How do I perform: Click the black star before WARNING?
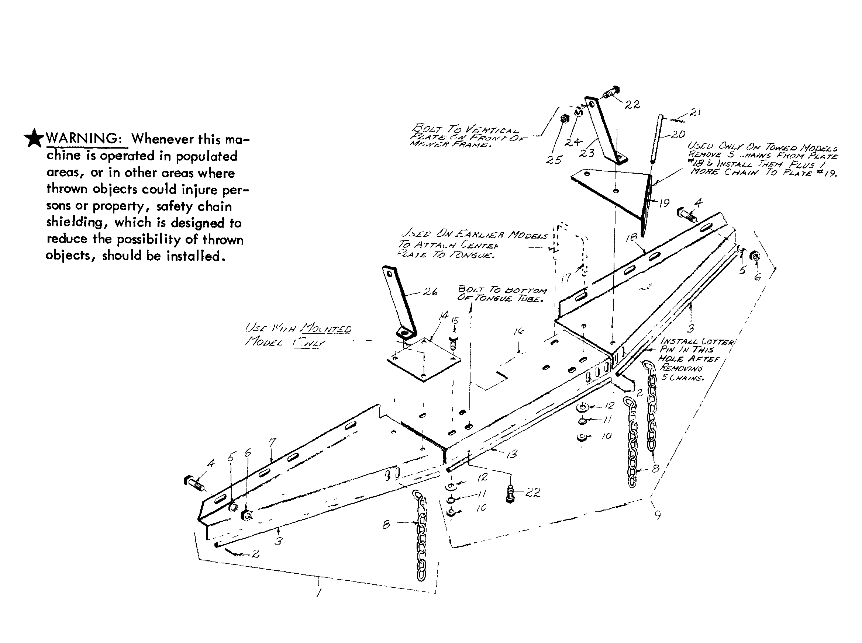(34, 139)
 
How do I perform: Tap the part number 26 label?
(430, 292)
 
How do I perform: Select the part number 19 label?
(664, 203)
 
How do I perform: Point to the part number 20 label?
(678, 134)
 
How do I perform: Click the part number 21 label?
(695, 112)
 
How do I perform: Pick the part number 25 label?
(554, 160)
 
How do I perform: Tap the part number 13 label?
(511, 454)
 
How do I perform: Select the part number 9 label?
(658, 515)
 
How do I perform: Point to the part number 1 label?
(318, 593)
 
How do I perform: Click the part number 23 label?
(586, 153)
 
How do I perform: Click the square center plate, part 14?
(423, 360)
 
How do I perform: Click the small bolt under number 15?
(454, 343)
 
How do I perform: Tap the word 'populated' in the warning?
(206, 156)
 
